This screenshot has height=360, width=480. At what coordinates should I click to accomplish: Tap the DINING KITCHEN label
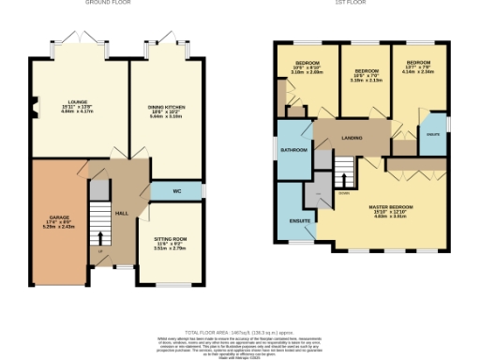coord(166,112)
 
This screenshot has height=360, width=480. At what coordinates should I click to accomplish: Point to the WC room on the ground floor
coord(177,192)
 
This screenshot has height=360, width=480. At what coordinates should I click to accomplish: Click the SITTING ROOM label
coord(171,244)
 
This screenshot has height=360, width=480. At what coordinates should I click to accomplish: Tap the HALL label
coord(121,214)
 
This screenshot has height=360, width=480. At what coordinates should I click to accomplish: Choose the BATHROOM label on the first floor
coord(293,149)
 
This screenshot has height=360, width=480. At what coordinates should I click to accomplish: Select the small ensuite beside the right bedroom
coord(432,132)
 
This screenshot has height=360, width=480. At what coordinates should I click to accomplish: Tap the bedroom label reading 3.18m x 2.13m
coord(365,75)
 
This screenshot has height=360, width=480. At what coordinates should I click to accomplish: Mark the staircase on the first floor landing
coord(344,172)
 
